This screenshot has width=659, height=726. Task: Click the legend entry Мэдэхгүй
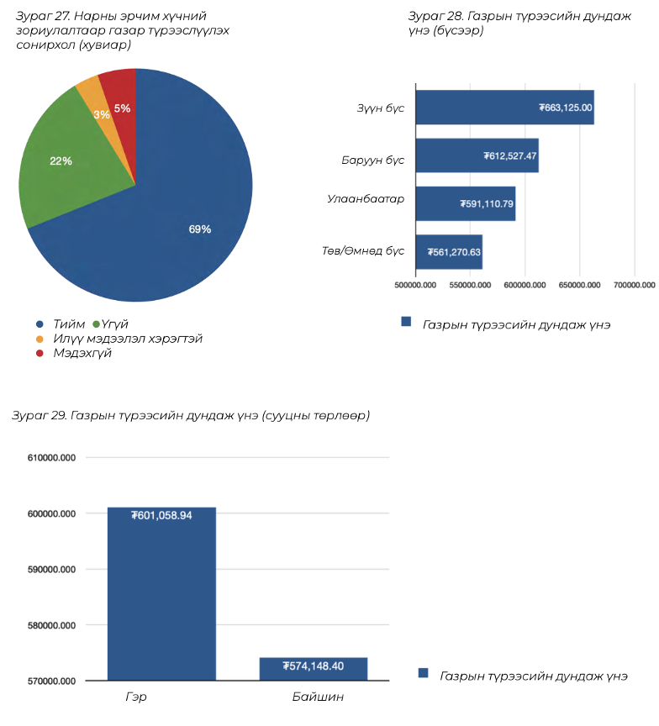click(x=82, y=354)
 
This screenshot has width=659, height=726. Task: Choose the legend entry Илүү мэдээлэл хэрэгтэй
click(x=128, y=339)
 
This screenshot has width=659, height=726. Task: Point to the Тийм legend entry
click(x=68, y=324)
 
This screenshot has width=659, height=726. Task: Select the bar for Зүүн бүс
click(x=504, y=108)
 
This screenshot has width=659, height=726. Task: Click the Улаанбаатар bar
click(x=465, y=204)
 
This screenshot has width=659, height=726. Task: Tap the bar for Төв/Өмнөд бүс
click(x=449, y=252)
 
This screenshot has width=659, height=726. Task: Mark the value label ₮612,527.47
click(x=510, y=156)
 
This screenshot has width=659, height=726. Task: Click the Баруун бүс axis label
click(x=372, y=160)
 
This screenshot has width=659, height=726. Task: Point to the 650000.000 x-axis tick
click(x=579, y=286)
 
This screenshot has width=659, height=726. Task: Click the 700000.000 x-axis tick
click(x=633, y=286)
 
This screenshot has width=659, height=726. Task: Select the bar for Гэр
click(x=161, y=593)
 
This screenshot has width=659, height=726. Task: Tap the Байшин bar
click(x=314, y=669)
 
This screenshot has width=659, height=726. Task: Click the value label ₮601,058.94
click(x=162, y=515)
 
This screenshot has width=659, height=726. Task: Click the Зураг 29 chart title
click(x=190, y=416)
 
